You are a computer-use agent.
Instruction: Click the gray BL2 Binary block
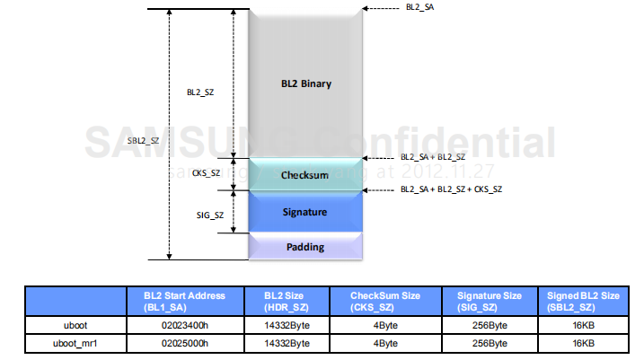(305, 84)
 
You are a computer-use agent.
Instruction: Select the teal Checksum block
(304, 175)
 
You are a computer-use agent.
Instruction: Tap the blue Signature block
(304, 213)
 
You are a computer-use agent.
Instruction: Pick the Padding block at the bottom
(304, 247)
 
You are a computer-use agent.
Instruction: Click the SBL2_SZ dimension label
(144, 140)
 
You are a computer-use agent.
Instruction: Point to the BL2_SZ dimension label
(200, 92)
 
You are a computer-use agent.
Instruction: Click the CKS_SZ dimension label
(207, 172)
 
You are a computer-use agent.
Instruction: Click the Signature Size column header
(489, 300)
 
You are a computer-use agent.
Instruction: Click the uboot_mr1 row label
(75, 342)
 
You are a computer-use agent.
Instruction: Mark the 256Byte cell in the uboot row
(489, 323)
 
